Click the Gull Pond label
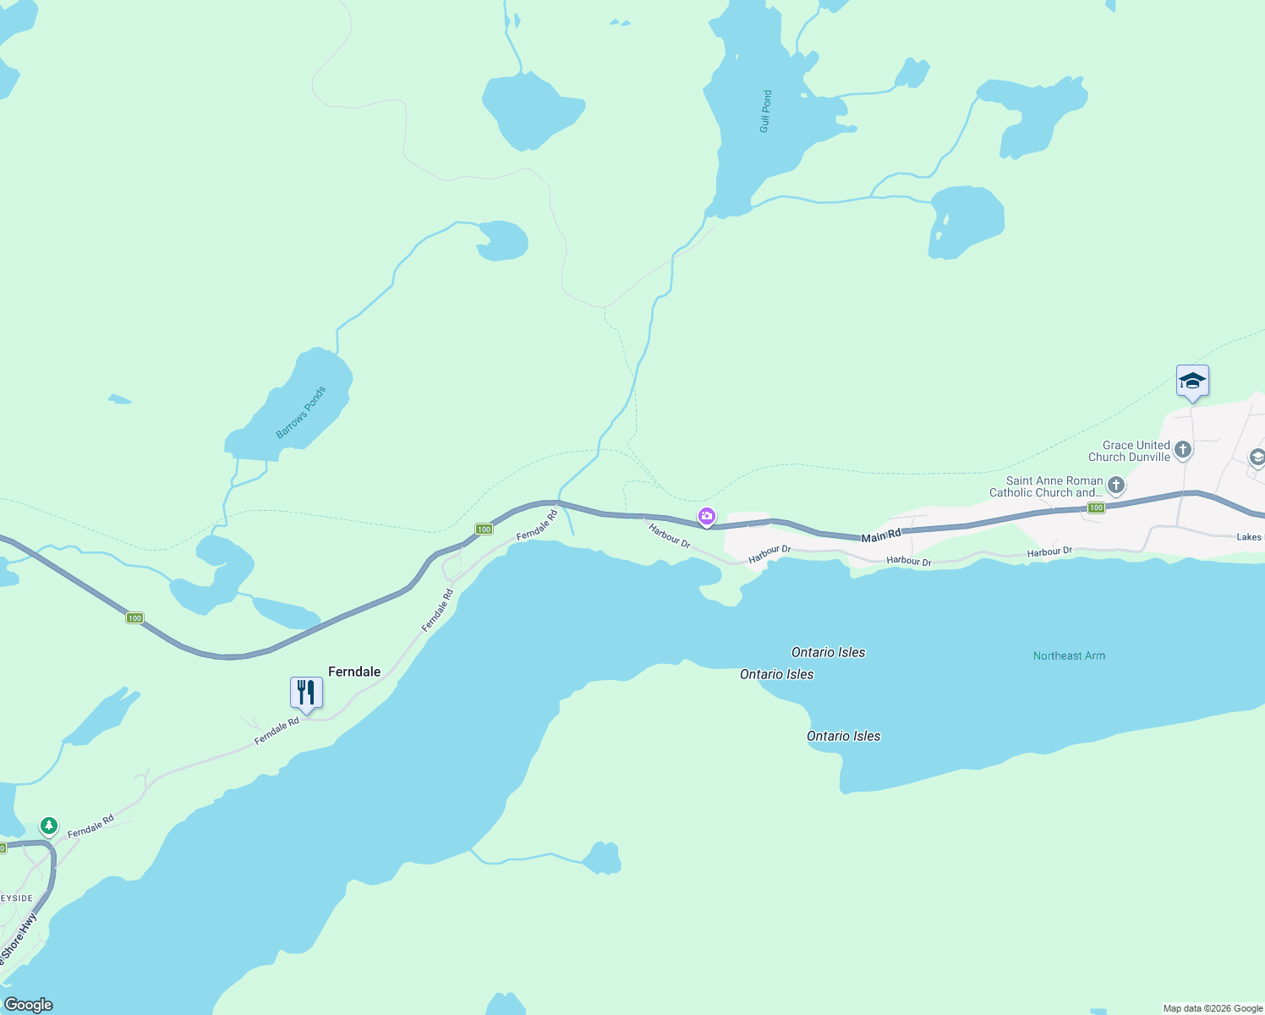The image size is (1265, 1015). pos(765,112)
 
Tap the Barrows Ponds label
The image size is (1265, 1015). pos(301,413)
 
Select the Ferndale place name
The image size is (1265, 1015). pos(354,672)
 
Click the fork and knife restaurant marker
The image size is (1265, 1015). pos(306,693)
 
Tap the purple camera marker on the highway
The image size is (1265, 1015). pos(707,516)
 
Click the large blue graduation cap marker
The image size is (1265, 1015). pos(1192,381)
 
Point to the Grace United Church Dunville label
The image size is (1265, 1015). pos(1129,451)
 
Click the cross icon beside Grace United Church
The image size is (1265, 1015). pos(1183,450)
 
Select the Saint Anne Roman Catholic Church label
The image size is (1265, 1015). pos(1047,486)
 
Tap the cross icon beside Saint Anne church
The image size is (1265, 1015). pos(1116,486)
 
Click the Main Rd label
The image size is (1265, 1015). pos(881,536)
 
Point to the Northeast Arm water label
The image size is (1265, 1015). pos(1069,656)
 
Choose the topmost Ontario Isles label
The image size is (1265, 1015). pos(828,652)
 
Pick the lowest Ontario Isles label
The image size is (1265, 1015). pos(843,736)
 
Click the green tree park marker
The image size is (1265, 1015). pos(49,826)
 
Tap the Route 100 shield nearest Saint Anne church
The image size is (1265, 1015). pos(1096,507)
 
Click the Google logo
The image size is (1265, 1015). pos(29,1005)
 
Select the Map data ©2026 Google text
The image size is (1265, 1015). pos(1213,1008)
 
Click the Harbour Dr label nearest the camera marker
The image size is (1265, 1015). pos(670,535)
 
